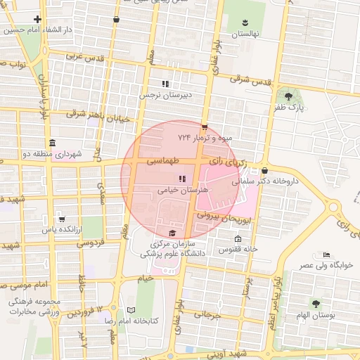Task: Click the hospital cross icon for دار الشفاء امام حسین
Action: pos(37,20)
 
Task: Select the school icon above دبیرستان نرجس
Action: pos(165,83)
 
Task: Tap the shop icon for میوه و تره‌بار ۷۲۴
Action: pos(204,127)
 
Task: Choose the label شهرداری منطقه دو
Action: pos(53,153)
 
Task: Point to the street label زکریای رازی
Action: pos(232,161)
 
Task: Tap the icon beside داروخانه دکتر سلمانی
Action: pos(264,170)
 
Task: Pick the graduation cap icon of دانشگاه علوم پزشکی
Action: pos(172,233)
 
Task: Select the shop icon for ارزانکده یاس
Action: pos(62,219)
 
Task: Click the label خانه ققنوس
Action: pos(238,249)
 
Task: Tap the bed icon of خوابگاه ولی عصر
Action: pos(325,255)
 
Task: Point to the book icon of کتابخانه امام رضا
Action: pos(131,310)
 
